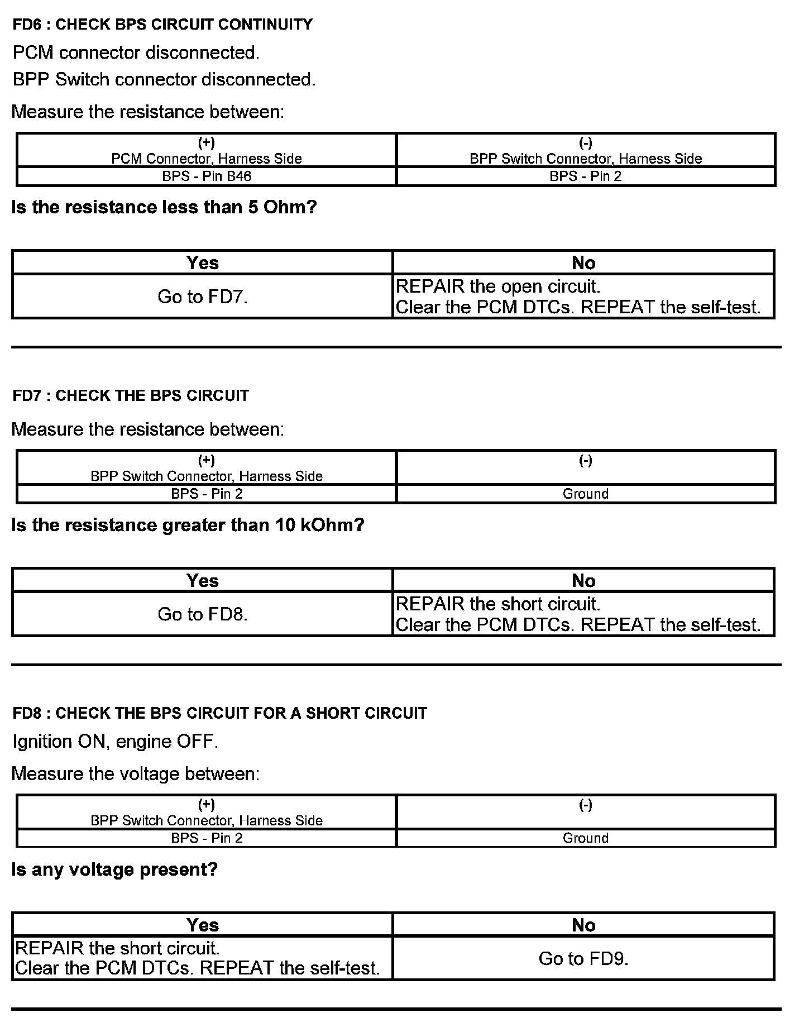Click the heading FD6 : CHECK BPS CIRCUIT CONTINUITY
162,25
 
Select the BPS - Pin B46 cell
207,176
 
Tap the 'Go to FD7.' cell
202,297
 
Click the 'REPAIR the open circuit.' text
497,286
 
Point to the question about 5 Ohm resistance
164,208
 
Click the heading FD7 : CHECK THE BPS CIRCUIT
131,396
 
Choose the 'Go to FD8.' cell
202,614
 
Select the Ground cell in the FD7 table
585,494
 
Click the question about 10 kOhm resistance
188,525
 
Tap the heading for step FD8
219,713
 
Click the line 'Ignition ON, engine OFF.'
115,742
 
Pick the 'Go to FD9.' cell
583,959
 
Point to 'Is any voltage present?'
114,869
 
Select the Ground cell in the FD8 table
585,838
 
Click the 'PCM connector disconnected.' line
136,52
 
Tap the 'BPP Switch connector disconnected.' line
164,79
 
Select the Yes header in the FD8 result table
202,925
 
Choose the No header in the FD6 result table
583,262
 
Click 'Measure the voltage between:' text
136,773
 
